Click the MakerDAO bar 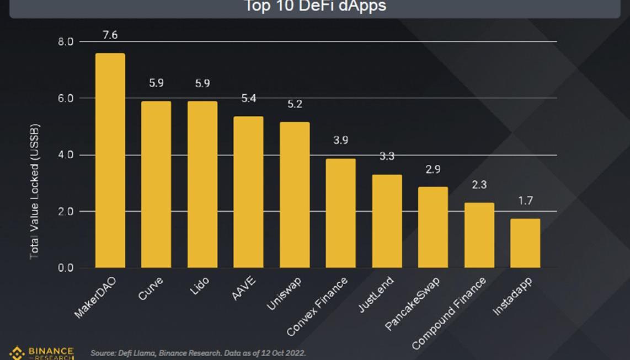[x=110, y=160]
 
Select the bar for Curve [x=156, y=184]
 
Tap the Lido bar [x=202, y=184]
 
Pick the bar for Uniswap [x=295, y=195]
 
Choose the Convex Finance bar [x=340, y=213]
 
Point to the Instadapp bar [x=525, y=243]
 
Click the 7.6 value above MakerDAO [x=110, y=35]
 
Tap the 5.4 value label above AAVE [x=248, y=99]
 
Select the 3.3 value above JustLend [x=387, y=157]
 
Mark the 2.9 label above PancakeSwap [x=433, y=169]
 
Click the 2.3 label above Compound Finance [x=479, y=185]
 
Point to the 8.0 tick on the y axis [x=66, y=42]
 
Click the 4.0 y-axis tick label [x=66, y=155]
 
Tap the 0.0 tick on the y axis [x=66, y=268]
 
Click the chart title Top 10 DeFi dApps [x=315, y=7]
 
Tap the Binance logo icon [x=17, y=353]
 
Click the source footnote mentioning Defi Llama [x=198, y=353]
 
